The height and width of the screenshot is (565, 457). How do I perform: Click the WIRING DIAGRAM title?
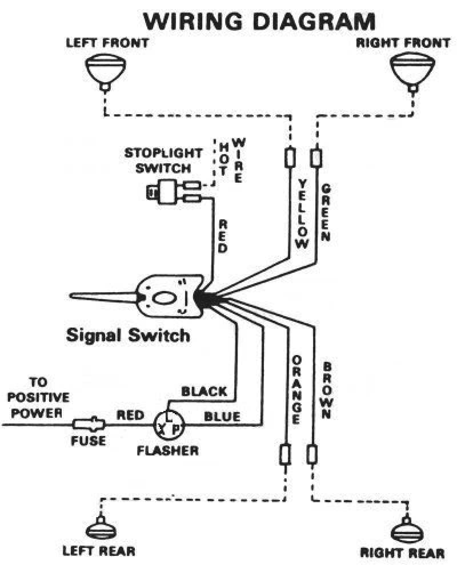coord(260,21)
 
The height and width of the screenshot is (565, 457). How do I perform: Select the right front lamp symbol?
coord(411,69)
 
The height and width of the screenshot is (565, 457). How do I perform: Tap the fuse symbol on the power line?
coord(89,425)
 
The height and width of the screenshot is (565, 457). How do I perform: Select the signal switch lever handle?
coord(103,297)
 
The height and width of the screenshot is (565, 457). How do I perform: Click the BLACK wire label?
coord(204,392)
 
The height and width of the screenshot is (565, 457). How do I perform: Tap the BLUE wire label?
coord(222,417)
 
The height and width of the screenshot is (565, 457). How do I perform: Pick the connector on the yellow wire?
coord(290,158)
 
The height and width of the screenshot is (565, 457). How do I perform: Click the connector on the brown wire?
coord(312,455)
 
